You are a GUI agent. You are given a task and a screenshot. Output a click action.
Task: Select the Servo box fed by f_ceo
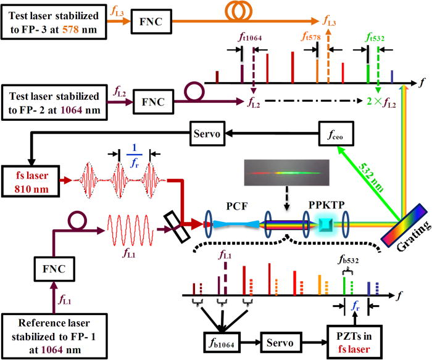click(x=209, y=133)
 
